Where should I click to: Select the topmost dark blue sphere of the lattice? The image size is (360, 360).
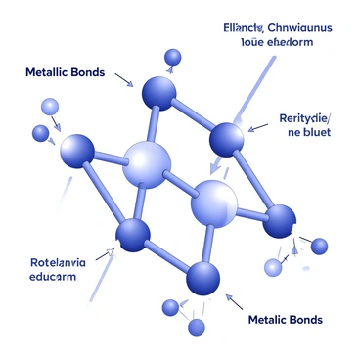[159, 93]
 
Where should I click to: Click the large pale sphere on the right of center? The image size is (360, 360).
[214, 202]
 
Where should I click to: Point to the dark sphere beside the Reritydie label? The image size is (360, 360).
[227, 137]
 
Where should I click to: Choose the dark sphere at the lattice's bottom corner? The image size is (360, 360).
[203, 279]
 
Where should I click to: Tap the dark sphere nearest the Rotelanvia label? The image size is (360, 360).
[133, 235]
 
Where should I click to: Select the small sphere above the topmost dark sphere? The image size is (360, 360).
[174, 57]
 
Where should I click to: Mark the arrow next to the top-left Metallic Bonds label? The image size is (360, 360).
[124, 78]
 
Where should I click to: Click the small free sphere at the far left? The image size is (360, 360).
[40, 133]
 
